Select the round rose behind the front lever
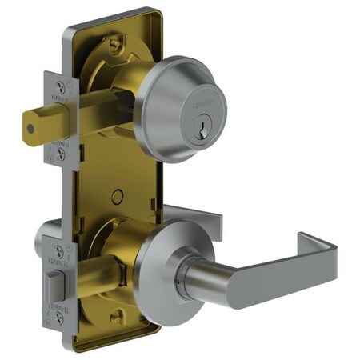pyautogui.click(x=156, y=264)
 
